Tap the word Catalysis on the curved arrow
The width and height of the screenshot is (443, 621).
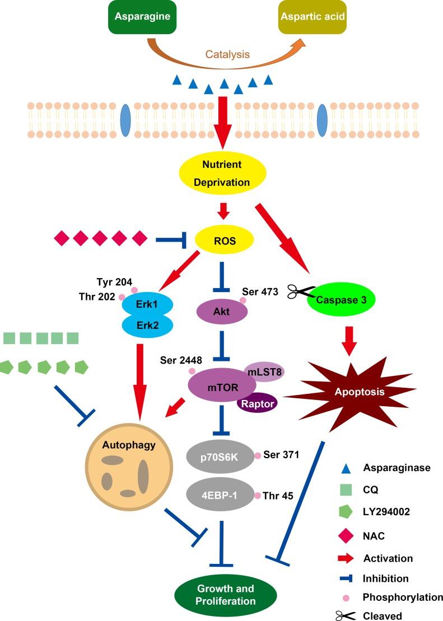(x=227, y=55)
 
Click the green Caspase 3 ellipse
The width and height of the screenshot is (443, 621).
(x=341, y=299)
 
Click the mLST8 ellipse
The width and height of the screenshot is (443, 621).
(x=263, y=370)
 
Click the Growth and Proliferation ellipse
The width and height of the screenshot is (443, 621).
(x=225, y=595)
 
